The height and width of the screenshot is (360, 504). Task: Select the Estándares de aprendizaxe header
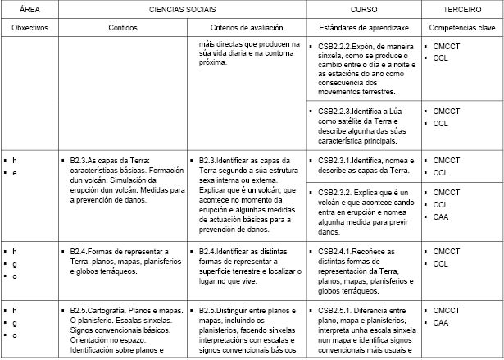pyautogui.click(x=363, y=27)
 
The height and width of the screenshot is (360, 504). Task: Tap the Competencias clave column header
pyautogui.click(x=461, y=27)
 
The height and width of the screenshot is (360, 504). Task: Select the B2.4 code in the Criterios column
pyautogui.click(x=207, y=251)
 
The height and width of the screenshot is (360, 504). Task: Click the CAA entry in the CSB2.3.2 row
pyautogui.click(x=441, y=216)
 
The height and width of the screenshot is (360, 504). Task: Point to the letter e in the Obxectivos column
pyautogui.click(x=14, y=173)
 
